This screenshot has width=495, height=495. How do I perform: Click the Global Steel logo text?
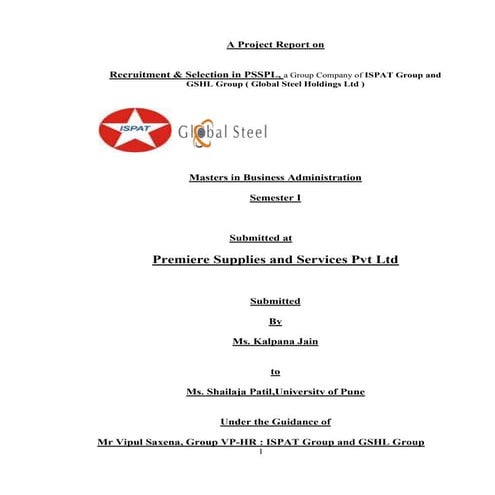(221, 132)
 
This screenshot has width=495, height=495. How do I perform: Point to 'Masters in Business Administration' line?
(274, 177)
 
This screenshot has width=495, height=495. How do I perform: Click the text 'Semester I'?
(274, 197)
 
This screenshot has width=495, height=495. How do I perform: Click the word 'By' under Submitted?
(275, 320)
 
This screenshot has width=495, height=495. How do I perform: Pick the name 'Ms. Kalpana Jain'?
(274, 342)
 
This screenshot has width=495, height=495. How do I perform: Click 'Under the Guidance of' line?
(274, 422)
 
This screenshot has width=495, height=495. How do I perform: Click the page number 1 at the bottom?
(259, 452)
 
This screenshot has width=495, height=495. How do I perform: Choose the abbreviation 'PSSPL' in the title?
(261, 75)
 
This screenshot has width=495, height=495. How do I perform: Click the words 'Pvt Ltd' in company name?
(371, 260)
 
